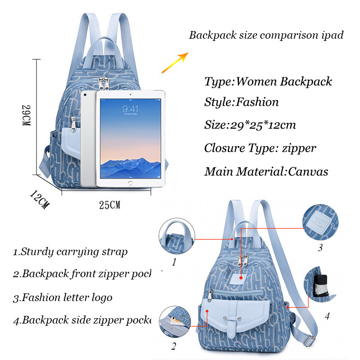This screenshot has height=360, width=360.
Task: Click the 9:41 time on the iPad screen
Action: (130, 108)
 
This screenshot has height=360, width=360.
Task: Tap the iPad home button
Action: (130, 183)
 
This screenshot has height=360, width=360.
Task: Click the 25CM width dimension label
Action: (109, 205)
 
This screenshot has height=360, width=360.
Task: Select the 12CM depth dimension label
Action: (39, 200)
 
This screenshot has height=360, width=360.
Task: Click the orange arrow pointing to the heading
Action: (175, 63)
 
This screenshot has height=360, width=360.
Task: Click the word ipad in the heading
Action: (331, 35)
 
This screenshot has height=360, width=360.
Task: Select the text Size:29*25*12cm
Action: (250, 125)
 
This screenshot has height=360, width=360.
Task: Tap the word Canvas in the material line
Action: (308, 171)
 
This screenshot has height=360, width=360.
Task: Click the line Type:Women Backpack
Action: (268, 81)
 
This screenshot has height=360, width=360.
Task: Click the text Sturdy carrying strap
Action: (74, 252)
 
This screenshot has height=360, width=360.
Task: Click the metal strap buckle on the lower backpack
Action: (308, 342)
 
